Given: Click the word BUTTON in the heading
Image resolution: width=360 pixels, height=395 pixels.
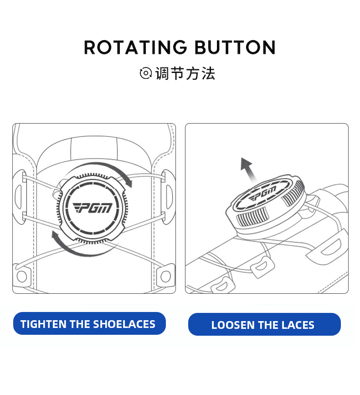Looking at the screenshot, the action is (x=235, y=47).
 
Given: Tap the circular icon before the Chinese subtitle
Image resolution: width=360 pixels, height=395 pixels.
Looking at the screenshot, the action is (x=146, y=73).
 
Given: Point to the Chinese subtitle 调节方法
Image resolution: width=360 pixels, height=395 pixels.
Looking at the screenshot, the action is (x=185, y=73).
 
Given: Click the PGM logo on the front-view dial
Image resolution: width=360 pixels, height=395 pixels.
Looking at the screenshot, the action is (x=93, y=208).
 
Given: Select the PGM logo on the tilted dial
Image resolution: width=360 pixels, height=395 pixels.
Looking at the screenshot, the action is (x=262, y=193).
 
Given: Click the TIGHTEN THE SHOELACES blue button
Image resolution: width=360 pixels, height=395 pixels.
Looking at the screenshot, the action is (x=89, y=323).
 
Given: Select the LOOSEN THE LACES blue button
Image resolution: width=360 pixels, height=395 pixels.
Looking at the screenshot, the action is (x=264, y=324).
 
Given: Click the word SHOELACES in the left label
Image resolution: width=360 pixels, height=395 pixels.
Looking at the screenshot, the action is (x=124, y=324).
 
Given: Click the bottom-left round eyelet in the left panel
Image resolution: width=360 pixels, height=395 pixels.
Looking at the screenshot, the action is (x=22, y=276).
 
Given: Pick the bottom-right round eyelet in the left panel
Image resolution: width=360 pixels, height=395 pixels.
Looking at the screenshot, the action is (x=165, y=276).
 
